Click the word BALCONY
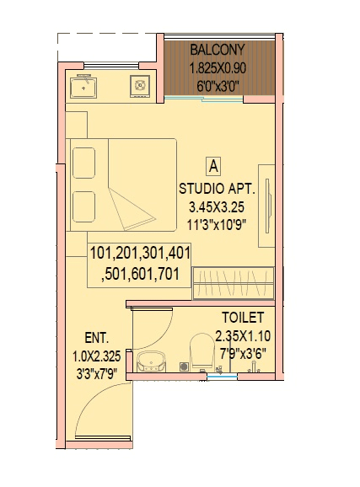point(218,48)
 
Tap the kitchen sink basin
point(85,85)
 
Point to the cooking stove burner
point(139,85)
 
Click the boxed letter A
point(214,165)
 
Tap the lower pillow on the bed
point(84,205)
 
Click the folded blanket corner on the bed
point(135,211)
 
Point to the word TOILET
point(244,318)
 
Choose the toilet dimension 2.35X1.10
point(244,334)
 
